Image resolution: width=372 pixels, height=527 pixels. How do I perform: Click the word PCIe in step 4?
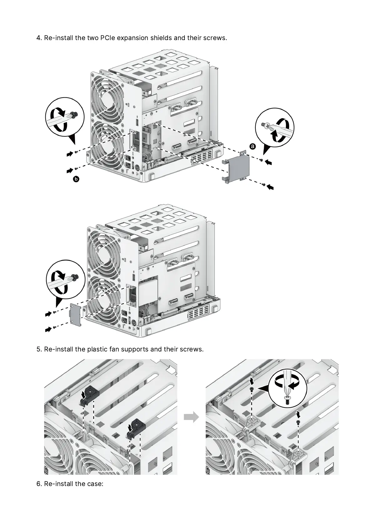108,38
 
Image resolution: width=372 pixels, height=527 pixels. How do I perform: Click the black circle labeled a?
253,146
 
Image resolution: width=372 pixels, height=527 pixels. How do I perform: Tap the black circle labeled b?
76,179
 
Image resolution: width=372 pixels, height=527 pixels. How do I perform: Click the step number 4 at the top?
39,38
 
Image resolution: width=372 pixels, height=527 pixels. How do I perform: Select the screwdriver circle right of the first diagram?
275,127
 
